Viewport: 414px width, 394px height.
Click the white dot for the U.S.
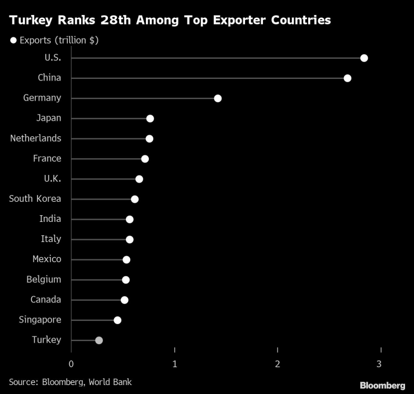click(x=364, y=58)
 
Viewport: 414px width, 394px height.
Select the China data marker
click(x=347, y=78)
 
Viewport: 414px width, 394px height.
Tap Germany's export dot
click(x=218, y=98)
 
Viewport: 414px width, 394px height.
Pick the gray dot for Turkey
click(x=99, y=340)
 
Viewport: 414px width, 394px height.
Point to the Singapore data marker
click(x=117, y=320)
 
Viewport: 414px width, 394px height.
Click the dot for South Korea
click(x=135, y=200)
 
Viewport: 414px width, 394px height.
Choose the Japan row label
click(x=49, y=118)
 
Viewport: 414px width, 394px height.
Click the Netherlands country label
click(x=36, y=138)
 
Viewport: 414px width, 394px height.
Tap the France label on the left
click(x=47, y=158)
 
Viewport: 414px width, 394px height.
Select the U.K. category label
click(x=52, y=178)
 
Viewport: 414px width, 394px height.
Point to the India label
click(x=50, y=219)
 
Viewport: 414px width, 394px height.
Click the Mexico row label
click(x=47, y=259)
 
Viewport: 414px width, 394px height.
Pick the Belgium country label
click(x=44, y=279)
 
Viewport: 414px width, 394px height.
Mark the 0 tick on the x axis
click(x=72, y=364)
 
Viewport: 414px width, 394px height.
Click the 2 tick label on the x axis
click(x=278, y=364)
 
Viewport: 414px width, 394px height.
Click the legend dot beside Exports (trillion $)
click(x=13, y=40)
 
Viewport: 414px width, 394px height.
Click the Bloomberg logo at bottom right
click(x=382, y=385)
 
